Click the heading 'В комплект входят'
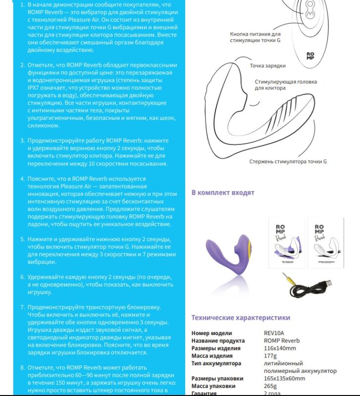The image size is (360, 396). [x=223, y=193]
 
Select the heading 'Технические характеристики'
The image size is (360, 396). [x=241, y=318]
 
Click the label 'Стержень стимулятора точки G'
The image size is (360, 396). [x=288, y=162]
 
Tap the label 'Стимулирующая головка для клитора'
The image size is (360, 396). [x=286, y=85]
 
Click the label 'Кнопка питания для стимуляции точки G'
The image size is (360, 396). [x=255, y=37]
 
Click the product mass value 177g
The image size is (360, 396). [x=270, y=356]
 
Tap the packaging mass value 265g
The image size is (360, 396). [x=271, y=386]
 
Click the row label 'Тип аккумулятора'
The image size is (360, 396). [x=216, y=363]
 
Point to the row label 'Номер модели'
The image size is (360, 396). [x=211, y=334]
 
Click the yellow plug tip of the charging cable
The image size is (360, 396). [x=289, y=281]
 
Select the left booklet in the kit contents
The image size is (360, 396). [x=286, y=243]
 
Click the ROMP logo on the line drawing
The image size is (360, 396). [x=310, y=56]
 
